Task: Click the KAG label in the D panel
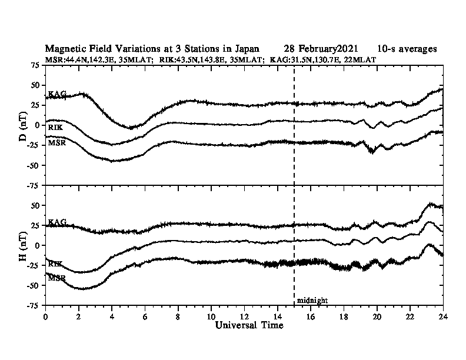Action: click(57, 94)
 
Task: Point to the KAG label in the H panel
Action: click(57, 222)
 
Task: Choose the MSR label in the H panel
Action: click(57, 277)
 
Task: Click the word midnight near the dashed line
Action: click(312, 301)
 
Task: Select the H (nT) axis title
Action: click(22, 245)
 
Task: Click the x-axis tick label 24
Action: click(442, 316)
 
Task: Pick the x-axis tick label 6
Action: click(145, 316)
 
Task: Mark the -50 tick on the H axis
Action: click(32, 285)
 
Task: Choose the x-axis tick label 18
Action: click(343, 316)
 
